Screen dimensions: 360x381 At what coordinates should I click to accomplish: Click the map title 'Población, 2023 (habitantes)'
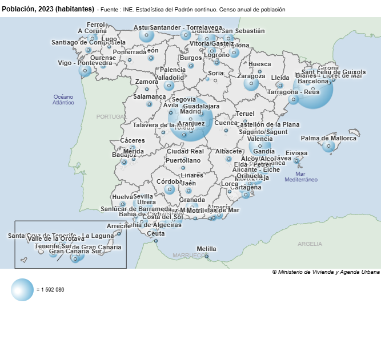coord(48,9)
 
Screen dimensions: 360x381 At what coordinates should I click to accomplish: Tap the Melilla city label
coord(206,249)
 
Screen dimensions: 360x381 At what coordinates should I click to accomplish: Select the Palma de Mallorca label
coord(328,138)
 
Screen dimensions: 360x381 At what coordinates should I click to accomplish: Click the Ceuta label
coord(155,233)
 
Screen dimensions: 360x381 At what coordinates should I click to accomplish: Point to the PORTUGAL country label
coord(110,116)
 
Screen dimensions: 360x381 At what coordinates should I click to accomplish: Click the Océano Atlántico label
coord(63,100)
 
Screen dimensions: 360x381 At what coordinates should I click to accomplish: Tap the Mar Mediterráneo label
coord(301,176)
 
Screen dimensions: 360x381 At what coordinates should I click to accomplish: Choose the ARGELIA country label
coord(310,244)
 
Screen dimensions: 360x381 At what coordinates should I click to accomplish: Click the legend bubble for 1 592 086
coord(22,290)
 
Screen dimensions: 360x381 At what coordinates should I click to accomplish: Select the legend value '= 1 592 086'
coord(50,290)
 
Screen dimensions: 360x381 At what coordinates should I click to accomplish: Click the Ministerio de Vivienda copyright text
coord(325,272)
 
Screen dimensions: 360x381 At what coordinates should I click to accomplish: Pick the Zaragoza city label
coord(251,76)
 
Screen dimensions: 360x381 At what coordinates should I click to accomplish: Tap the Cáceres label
coord(133,140)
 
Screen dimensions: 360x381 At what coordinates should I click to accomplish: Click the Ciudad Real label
coord(185,152)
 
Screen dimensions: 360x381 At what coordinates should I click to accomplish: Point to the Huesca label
coord(260,64)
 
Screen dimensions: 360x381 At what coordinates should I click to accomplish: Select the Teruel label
coord(245,114)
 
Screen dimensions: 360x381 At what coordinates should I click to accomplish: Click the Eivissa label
coord(296,153)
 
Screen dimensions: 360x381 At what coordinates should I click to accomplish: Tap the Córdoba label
coord(169,181)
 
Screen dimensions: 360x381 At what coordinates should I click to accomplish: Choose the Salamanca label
coord(149,97)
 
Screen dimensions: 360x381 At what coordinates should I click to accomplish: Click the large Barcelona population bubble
coord(313,90)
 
